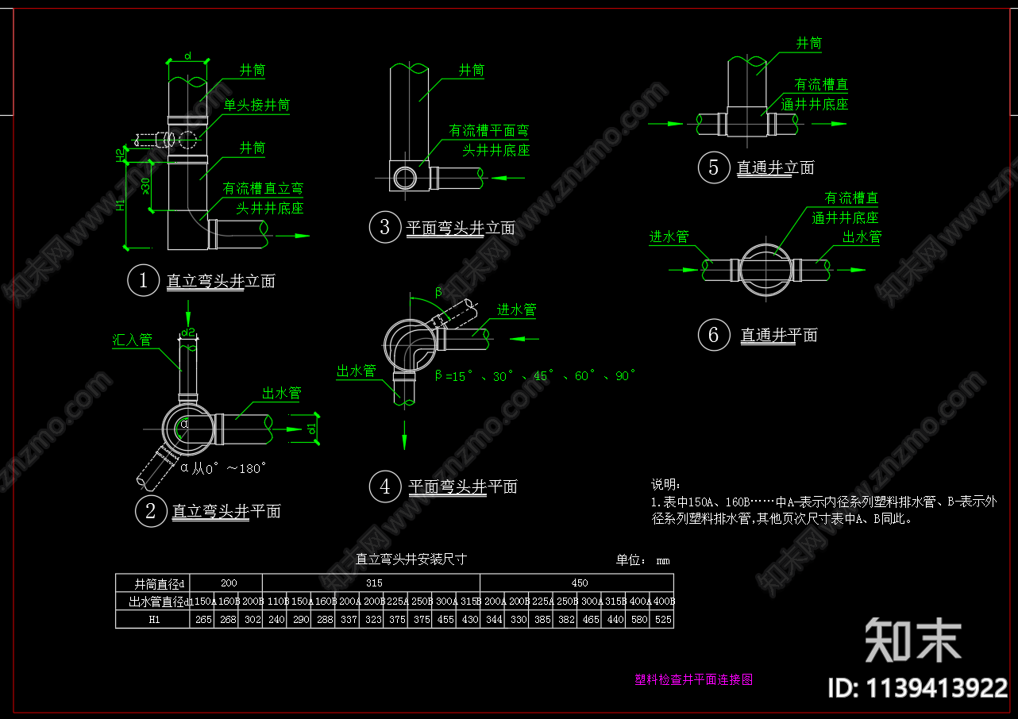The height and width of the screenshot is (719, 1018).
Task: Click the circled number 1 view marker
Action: coord(144,280)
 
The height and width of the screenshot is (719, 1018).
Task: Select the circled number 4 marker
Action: coord(385,486)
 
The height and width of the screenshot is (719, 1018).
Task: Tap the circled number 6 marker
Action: coord(713,335)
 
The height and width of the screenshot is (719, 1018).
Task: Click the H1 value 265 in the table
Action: coord(203,619)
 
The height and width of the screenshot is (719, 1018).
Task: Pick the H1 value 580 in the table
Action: coord(638,619)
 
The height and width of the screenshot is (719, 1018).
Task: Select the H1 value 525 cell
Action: coord(662,619)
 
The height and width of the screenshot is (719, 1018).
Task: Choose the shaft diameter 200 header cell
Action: coord(227,583)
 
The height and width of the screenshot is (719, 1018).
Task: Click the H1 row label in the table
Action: coord(154,619)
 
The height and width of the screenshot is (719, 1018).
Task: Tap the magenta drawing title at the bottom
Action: coord(693,680)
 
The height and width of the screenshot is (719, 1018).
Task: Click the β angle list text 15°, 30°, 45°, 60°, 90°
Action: coord(535,376)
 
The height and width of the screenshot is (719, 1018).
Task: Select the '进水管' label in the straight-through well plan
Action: coord(669,236)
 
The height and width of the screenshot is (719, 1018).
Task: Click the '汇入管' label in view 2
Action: coord(132,340)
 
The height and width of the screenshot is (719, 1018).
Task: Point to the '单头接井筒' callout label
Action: coord(256,105)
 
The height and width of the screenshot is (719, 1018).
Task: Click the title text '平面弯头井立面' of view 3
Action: coord(461,229)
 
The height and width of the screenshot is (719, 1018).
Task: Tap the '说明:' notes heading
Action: coord(665,485)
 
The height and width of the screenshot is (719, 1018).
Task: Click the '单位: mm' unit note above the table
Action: coord(642,560)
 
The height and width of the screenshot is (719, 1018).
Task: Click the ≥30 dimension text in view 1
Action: coord(145,186)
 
